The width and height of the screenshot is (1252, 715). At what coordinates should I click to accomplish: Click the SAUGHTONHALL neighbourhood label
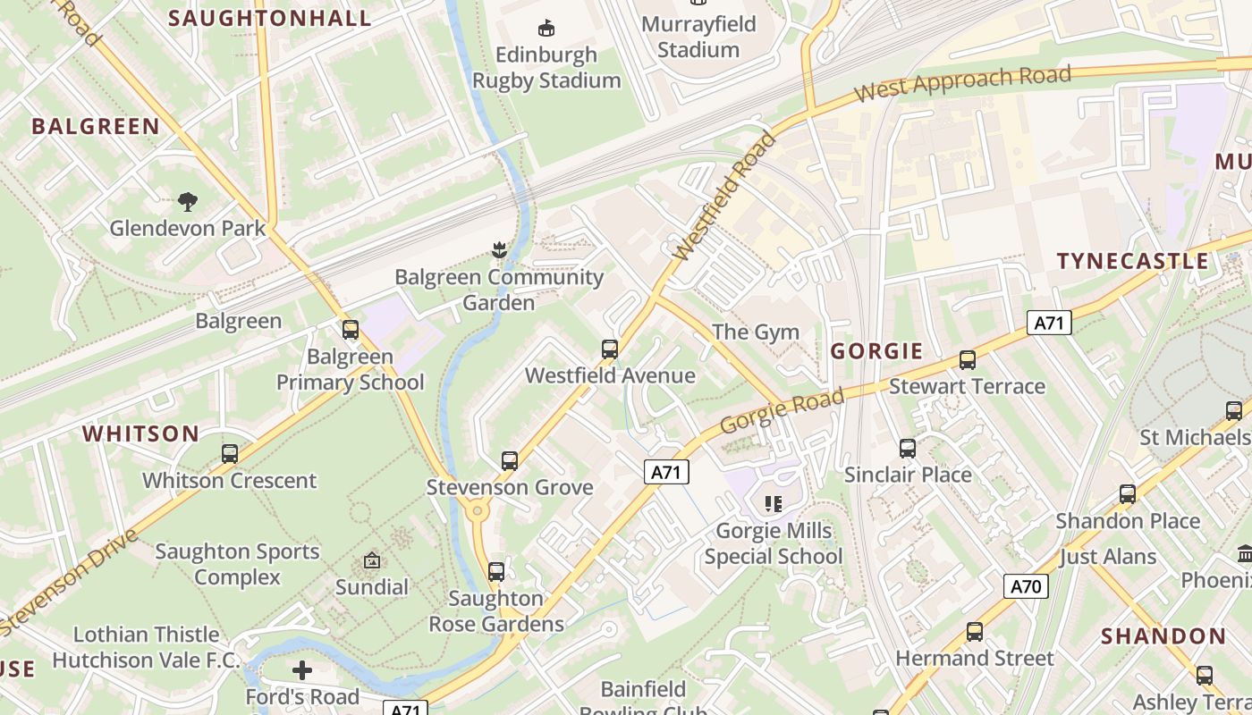269,18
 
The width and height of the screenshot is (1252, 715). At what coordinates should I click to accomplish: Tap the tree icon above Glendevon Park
187,201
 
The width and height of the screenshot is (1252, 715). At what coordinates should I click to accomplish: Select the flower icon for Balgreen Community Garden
498,250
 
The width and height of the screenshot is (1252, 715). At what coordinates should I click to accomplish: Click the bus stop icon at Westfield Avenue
610,349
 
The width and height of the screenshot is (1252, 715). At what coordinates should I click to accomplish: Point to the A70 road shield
1025,586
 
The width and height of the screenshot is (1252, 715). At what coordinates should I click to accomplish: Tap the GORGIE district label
876,351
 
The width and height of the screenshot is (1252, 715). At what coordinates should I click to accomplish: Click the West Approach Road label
962,83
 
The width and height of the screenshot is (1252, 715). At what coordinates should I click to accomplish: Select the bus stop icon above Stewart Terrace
967,360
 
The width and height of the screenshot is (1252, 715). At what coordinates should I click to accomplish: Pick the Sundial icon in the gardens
371,561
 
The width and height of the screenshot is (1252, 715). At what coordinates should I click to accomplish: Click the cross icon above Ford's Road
302,669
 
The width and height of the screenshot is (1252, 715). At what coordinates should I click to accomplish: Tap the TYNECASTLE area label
1132,261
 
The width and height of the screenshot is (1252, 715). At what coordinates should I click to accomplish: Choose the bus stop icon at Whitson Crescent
230,454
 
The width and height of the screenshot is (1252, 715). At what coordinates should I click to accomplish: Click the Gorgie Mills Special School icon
774,504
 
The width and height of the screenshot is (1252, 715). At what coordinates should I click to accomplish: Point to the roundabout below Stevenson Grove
476,512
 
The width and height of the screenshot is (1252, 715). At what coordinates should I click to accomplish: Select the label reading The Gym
756,332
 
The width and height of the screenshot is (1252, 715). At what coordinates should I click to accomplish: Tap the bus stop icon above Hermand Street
974,632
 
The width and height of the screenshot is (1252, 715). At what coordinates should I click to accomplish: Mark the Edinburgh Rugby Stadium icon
546,29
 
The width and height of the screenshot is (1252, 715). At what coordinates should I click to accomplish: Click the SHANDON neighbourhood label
1163,636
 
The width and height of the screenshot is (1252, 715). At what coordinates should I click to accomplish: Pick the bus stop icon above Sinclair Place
907,448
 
